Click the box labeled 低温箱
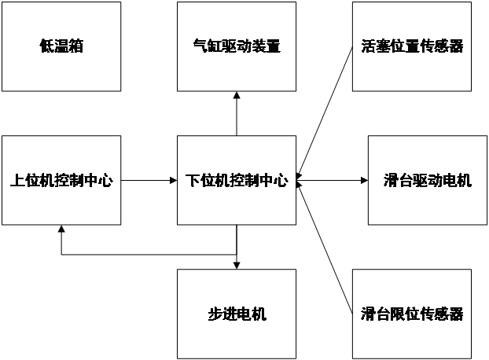point(61,46)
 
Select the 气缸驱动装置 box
point(237,46)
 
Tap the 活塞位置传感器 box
point(412,46)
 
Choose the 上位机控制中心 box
point(61,181)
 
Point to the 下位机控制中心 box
point(237,181)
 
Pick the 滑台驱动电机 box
point(420,181)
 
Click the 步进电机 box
point(237,314)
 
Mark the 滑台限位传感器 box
point(412,314)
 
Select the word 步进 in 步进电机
point(222,314)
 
